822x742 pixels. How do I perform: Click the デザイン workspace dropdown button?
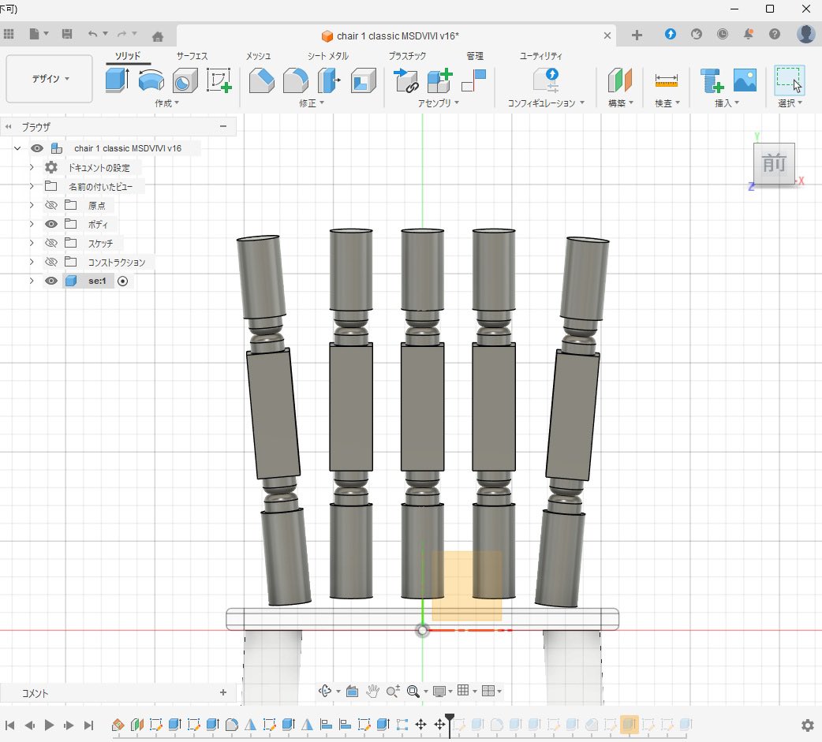(49, 79)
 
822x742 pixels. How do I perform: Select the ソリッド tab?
(128, 56)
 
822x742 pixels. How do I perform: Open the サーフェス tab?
(192, 56)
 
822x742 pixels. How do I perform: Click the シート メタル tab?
(327, 56)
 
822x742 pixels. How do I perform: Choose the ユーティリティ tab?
(540, 56)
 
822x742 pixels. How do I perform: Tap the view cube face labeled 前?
(774, 163)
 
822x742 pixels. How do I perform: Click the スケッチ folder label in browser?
(100, 243)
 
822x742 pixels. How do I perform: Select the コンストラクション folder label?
(116, 262)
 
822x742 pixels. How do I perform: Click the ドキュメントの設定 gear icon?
(51, 167)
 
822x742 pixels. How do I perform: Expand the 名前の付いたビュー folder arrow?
(32, 186)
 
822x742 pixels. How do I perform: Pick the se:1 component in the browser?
(97, 281)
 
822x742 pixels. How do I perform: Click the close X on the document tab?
(607, 35)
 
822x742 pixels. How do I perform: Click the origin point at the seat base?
(423, 630)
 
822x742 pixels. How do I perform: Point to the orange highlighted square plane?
(466, 585)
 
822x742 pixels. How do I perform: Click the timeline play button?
(49, 725)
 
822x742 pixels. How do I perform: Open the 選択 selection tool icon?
(789, 80)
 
